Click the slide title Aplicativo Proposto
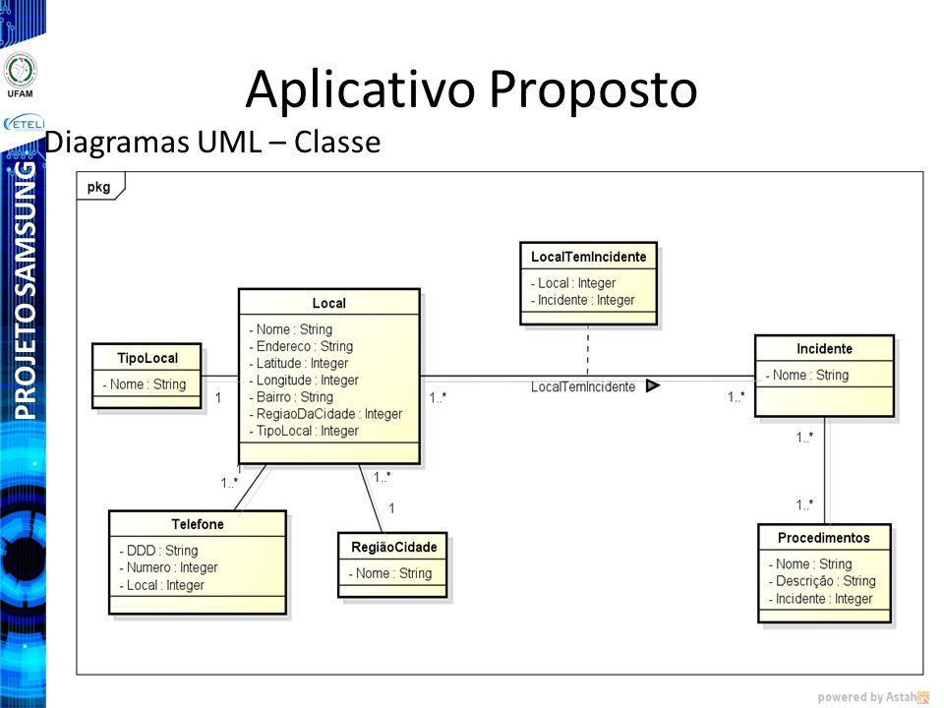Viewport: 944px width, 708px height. pos(471,90)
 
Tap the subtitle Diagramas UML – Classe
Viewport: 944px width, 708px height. pos(213,143)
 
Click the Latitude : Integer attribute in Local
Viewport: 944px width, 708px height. pos(303,363)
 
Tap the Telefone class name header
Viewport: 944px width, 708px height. pos(197,524)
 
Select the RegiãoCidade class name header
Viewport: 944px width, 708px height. pos(392,547)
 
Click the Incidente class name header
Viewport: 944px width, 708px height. pos(824,348)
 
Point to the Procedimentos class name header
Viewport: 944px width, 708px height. pos(823,538)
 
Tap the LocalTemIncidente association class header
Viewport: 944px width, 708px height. pos(588,257)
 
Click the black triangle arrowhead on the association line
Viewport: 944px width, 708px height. pos(653,386)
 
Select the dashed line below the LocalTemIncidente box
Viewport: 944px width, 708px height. pos(588,350)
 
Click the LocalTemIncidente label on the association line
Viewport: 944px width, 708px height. pos(582,387)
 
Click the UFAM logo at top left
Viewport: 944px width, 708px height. pos(20,73)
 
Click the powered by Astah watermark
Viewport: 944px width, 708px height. pos(871,697)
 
